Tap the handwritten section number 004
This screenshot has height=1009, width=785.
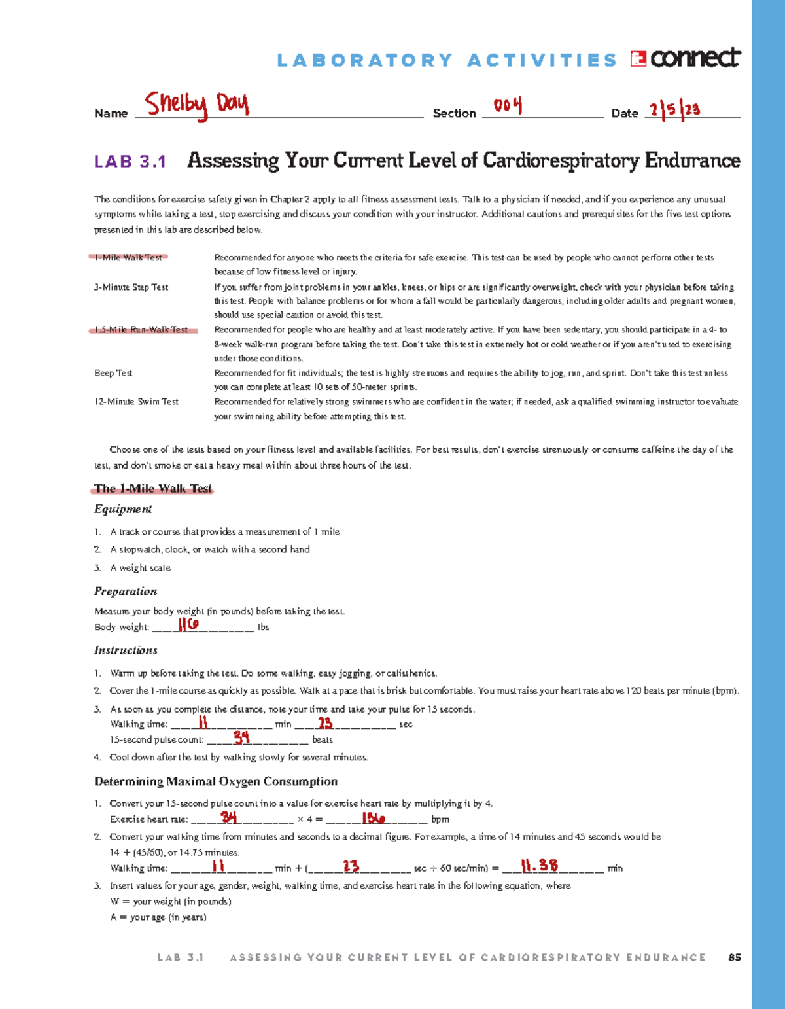pos(508,105)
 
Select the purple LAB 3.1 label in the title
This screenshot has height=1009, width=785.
pos(130,162)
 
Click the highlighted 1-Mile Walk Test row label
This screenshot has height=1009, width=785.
pos(128,257)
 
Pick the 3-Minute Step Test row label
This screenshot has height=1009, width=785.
pos(131,287)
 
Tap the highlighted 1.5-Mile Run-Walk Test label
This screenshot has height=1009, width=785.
pos(141,330)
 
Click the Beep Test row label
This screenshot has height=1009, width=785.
pos(113,373)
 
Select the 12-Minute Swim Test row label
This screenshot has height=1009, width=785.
pos(136,402)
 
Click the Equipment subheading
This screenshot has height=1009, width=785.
pos(123,509)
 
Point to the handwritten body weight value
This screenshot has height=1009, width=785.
pos(188,625)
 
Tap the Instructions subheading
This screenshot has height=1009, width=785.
pos(126,650)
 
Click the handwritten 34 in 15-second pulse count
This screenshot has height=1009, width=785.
pos(241,737)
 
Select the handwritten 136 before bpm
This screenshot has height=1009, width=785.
pos(374,817)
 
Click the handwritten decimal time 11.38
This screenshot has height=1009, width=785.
pos(540,866)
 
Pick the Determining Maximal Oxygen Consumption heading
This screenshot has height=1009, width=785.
pos(216,781)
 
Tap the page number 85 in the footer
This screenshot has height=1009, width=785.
pos(734,957)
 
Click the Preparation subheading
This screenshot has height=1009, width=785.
pos(126,592)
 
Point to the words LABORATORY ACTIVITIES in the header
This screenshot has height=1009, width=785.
pos(447,61)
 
